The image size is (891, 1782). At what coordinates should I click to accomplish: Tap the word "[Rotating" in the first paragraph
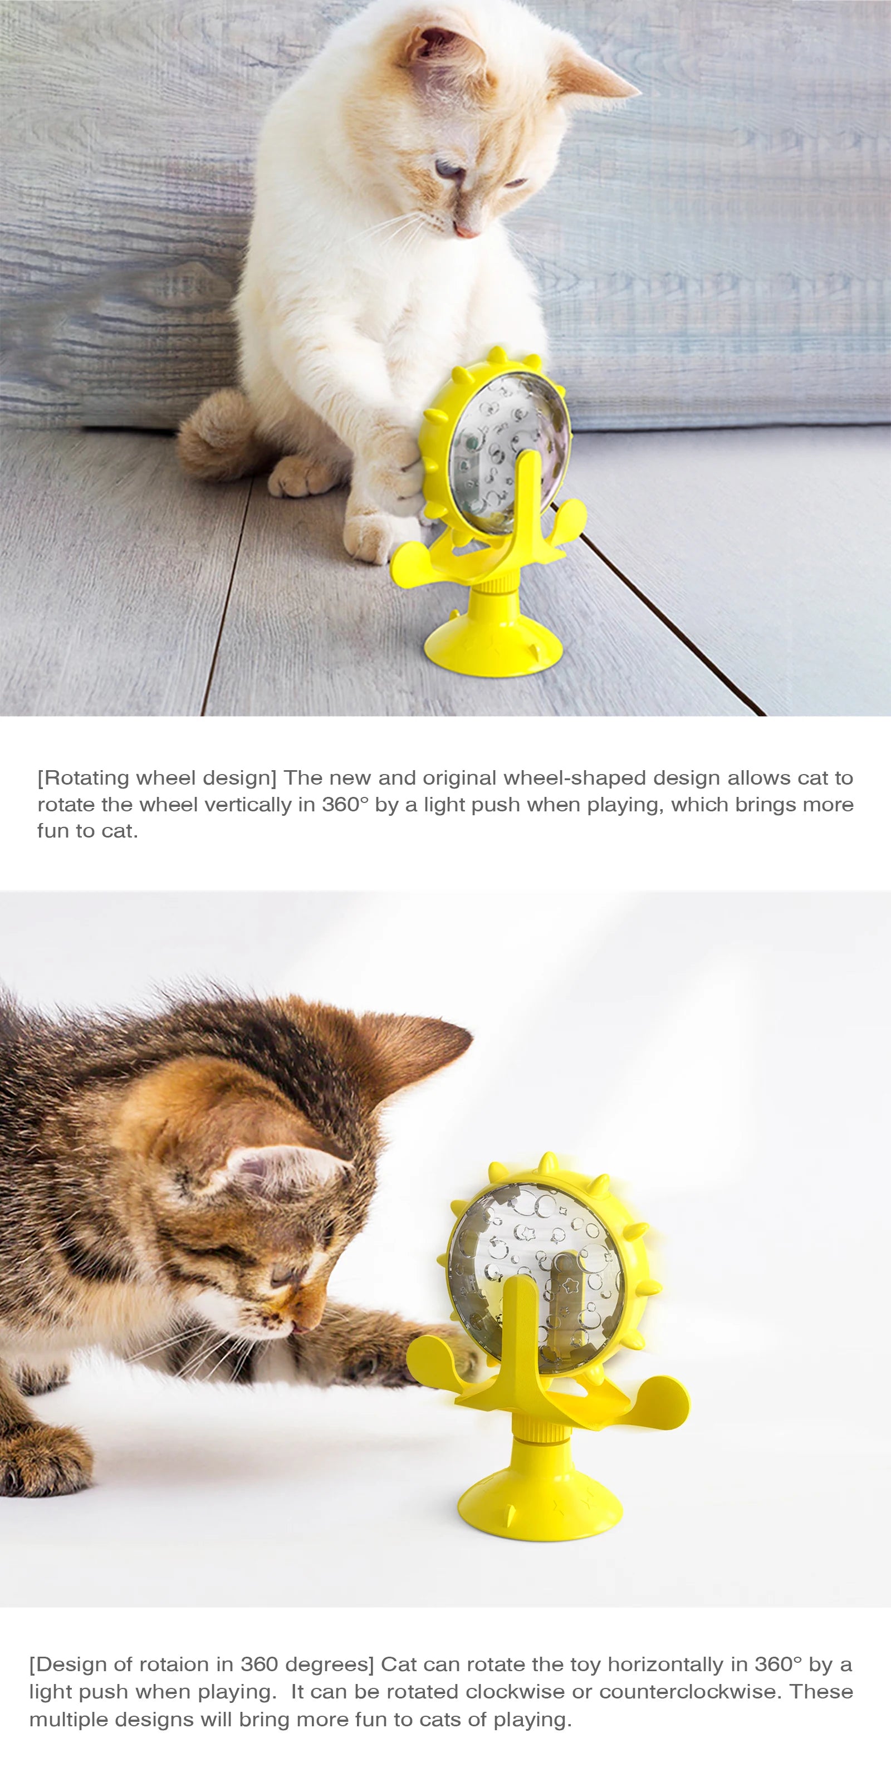83,779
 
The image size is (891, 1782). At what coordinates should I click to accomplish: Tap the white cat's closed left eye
446,168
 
